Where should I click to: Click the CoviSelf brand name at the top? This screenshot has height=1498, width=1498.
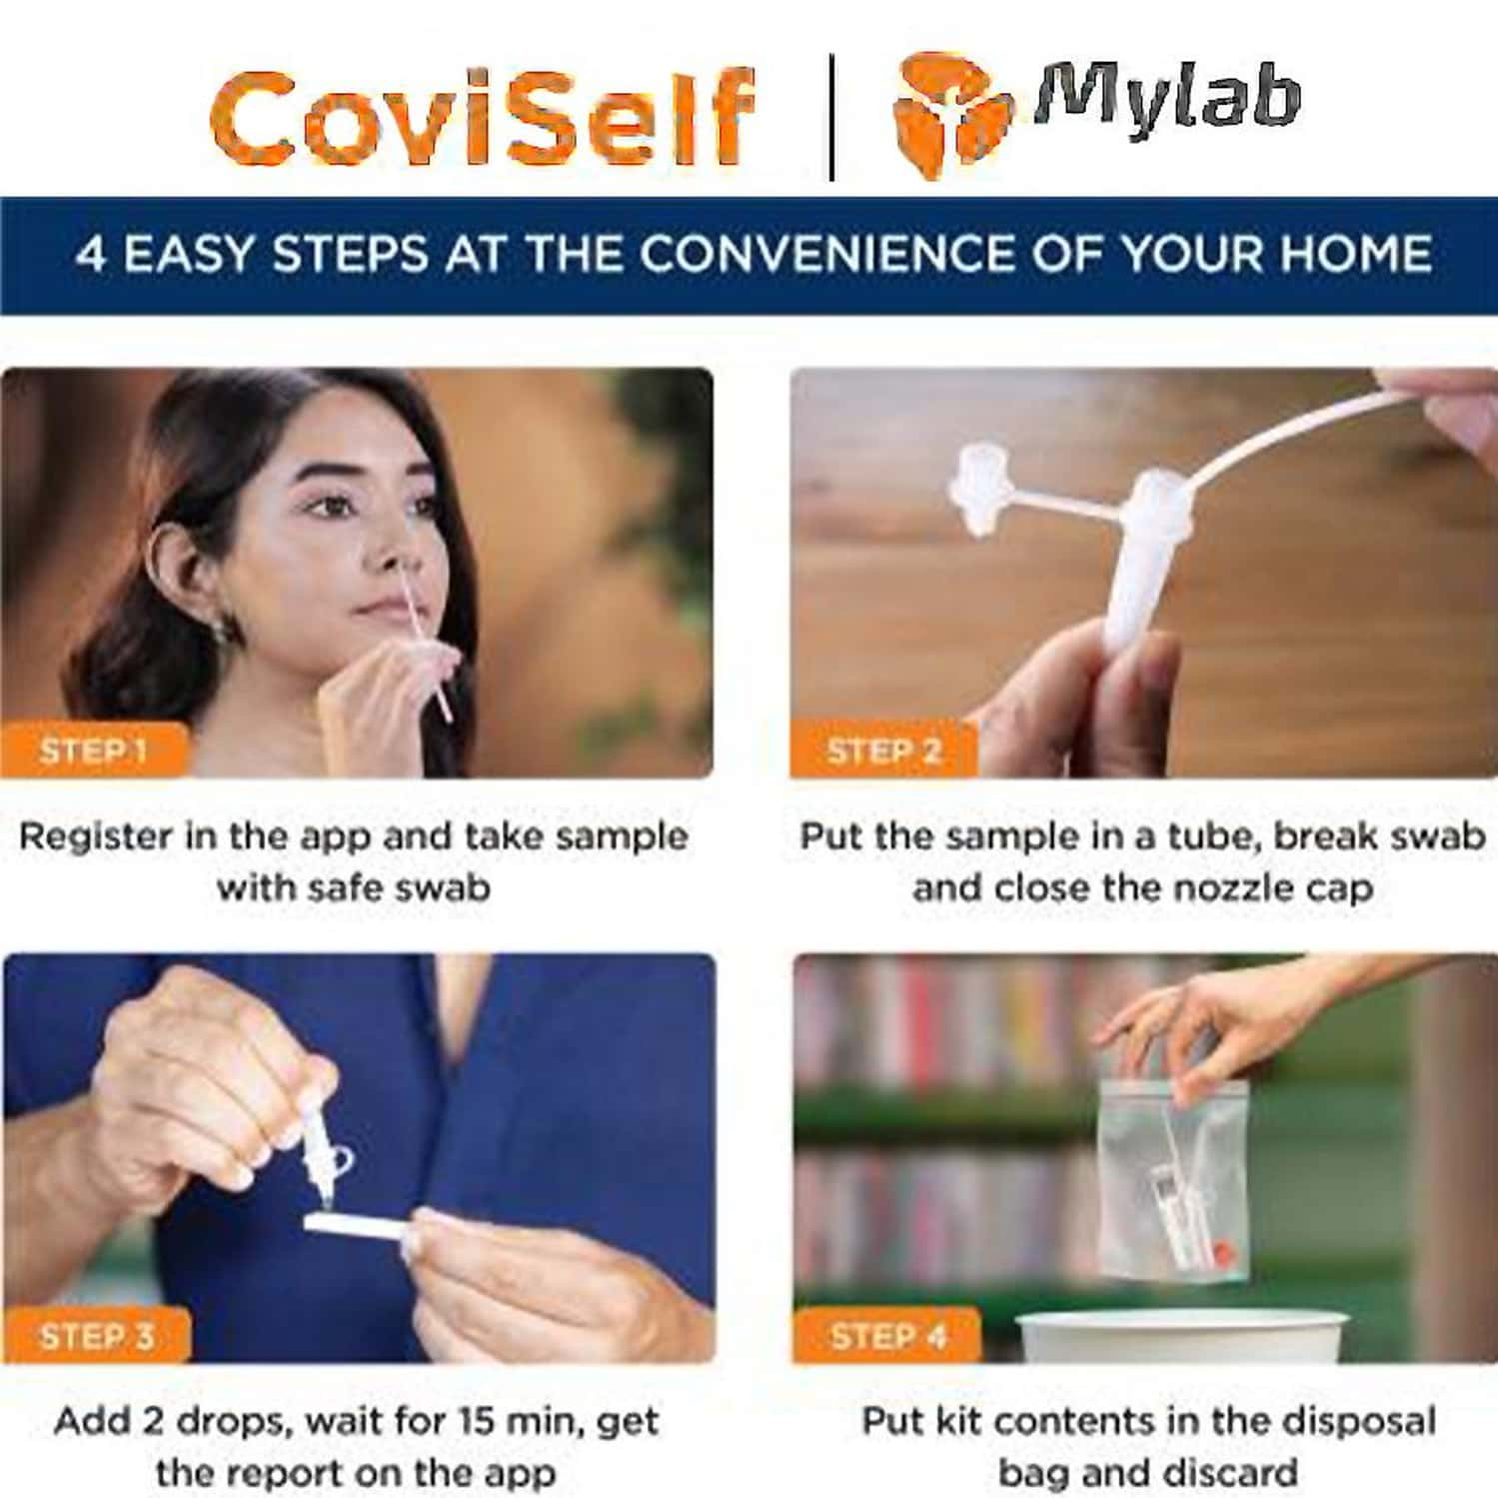(x=482, y=118)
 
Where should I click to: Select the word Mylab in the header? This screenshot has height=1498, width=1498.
(x=1167, y=98)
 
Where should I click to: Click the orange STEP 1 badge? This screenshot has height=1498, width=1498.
(x=93, y=750)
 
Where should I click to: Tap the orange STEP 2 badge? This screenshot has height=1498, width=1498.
(x=883, y=750)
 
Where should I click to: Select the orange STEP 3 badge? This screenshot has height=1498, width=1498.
(x=96, y=1336)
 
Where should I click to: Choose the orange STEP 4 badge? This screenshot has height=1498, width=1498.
(x=887, y=1336)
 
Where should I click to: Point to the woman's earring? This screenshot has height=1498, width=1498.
(x=221, y=632)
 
